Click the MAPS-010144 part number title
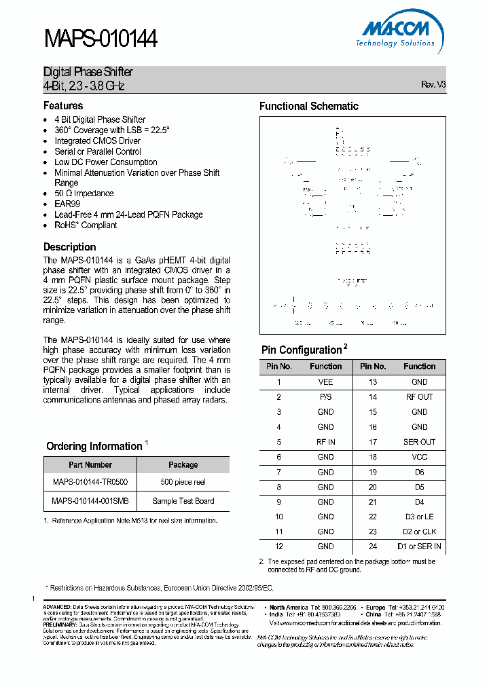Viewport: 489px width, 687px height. [x=101, y=39]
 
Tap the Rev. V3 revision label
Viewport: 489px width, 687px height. [x=433, y=85]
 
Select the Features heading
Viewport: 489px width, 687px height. [x=63, y=106]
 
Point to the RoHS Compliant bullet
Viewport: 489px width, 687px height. [x=86, y=225]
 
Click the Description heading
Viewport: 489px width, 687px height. [x=70, y=247]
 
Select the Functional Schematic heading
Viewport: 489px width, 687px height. [x=308, y=106]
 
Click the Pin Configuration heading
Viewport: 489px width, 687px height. [x=302, y=350]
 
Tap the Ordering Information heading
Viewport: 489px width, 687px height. [x=94, y=446]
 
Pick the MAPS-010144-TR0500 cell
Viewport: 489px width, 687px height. [x=90, y=482]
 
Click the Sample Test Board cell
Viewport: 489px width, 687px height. [x=183, y=501]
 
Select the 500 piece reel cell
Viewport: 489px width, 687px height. [x=183, y=482]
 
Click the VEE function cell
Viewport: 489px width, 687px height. [x=325, y=382]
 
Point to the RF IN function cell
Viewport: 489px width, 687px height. [x=325, y=442]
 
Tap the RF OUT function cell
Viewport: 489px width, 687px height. [x=419, y=397]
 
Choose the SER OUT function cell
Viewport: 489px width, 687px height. [x=419, y=442]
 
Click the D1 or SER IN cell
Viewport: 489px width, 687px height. [x=419, y=546]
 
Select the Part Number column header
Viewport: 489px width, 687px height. [x=90, y=465]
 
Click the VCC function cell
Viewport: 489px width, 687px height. [x=419, y=457]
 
